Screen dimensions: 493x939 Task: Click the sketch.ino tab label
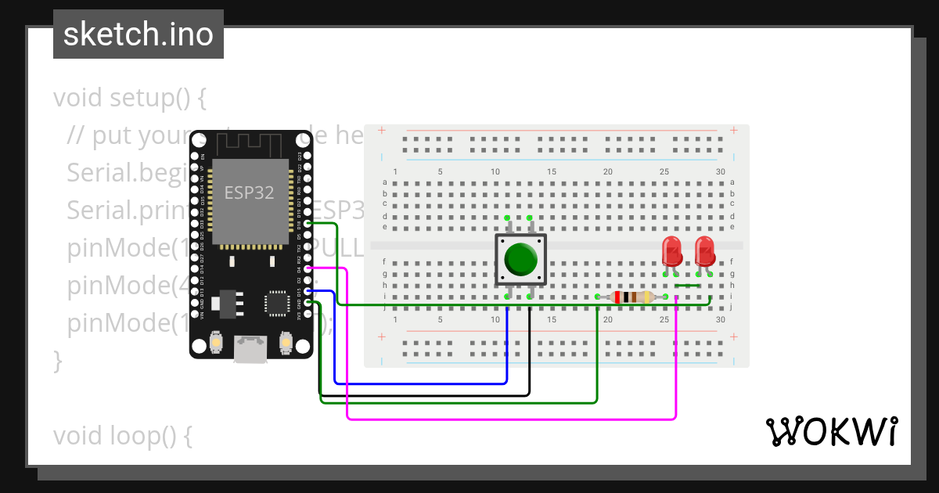pos(139,34)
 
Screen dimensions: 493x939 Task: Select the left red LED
pos(671,251)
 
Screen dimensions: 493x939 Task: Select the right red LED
pos(704,251)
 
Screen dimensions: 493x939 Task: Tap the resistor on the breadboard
pos(631,297)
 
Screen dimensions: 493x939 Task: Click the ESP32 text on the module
pos(249,193)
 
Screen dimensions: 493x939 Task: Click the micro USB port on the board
pos(250,349)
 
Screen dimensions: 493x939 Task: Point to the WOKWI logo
pos(831,431)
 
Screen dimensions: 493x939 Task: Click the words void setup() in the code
pos(129,99)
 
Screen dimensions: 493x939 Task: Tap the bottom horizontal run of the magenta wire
pos(509,419)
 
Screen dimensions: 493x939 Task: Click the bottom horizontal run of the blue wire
pos(423,383)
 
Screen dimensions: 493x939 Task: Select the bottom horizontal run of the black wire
pos(423,394)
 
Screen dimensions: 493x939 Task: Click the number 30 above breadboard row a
pos(720,172)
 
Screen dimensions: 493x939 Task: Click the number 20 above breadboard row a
pos(607,172)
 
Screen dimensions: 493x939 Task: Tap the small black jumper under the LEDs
pos(687,286)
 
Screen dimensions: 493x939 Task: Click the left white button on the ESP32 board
pos(217,343)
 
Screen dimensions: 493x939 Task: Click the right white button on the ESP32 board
pos(286,343)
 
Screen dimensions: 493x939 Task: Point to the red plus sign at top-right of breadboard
pos(733,130)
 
